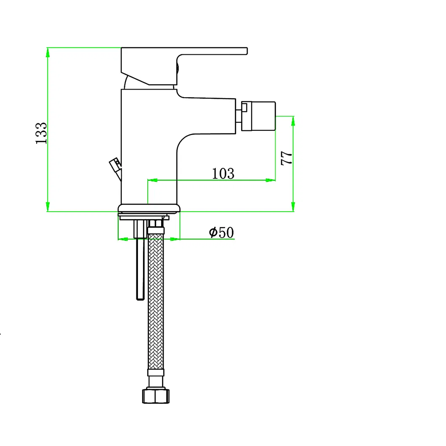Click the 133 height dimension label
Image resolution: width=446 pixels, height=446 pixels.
[x=41, y=133]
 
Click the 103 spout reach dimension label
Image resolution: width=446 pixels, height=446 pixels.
[x=223, y=173]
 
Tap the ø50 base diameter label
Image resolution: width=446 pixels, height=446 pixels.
[x=221, y=232]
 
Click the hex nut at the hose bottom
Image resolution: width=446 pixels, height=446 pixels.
[x=156, y=396]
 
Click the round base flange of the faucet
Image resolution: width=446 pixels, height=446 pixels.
[x=149, y=208]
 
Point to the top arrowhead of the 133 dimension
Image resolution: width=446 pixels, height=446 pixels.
[x=48, y=51]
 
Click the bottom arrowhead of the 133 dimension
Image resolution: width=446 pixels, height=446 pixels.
[x=48, y=207]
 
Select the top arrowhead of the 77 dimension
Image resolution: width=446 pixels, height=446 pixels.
[x=293, y=120]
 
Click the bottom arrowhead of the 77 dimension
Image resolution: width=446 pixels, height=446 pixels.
[x=293, y=207]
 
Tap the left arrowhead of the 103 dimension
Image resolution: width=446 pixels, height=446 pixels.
[x=152, y=180]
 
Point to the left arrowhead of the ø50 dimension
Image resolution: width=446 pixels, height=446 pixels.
[x=122, y=239]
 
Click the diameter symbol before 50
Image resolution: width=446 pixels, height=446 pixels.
[x=213, y=232]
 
